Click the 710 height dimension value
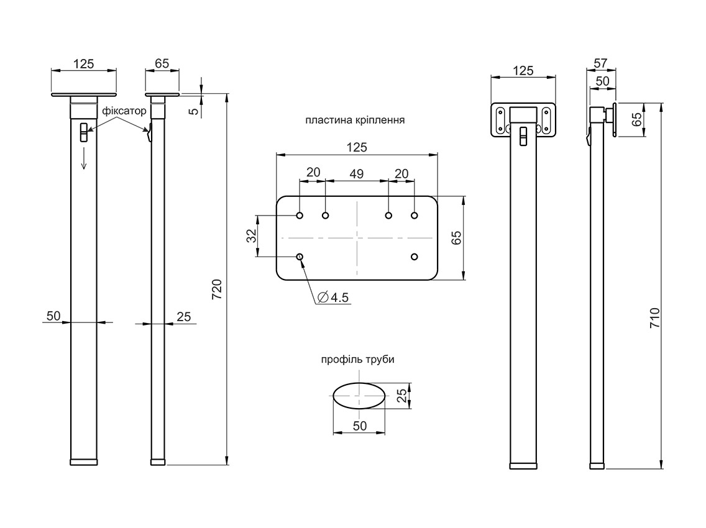click(x=654, y=317)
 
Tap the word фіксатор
click(x=124, y=111)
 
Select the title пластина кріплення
click(x=355, y=120)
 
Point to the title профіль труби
click(x=357, y=359)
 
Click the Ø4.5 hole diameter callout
click(x=334, y=298)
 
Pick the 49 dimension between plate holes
click(x=356, y=173)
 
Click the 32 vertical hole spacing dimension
click(x=252, y=235)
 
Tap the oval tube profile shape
click(x=359, y=395)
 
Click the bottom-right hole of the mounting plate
click(x=415, y=257)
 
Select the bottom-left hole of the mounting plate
click(x=300, y=257)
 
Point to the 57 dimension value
click(x=601, y=63)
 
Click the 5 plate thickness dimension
click(x=193, y=111)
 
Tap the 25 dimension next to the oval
click(x=401, y=396)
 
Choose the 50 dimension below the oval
click(x=359, y=426)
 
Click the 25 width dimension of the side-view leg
click(x=184, y=316)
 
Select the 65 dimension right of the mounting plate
click(x=456, y=238)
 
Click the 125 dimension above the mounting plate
click(x=356, y=147)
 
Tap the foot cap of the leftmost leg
click(x=83, y=462)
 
